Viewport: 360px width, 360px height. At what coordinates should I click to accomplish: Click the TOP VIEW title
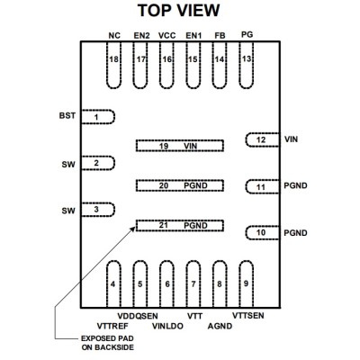(x=178, y=11)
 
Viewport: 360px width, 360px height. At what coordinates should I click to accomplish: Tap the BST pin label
(x=67, y=116)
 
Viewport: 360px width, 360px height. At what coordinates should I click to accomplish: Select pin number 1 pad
(x=98, y=117)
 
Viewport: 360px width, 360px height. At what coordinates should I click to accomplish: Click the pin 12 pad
(x=263, y=139)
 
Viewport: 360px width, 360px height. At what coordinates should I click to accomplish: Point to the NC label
(x=114, y=36)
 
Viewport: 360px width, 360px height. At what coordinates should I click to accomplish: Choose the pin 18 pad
(x=113, y=65)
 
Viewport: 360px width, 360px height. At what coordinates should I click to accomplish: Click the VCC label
(x=166, y=36)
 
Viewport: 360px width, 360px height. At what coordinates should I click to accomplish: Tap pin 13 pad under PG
(x=247, y=65)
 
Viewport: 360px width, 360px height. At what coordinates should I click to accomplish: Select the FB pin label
(x=220, y=36)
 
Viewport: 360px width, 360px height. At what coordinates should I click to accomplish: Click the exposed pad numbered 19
(x=180, y=146)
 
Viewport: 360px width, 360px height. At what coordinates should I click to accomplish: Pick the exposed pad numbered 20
(x=180, y=185)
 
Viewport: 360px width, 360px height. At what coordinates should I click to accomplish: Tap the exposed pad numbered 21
(x=180, y=226)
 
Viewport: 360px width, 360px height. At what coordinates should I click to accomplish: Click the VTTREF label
(x=112, y=326)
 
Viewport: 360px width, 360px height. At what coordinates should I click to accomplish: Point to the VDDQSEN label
(x=138, y=316)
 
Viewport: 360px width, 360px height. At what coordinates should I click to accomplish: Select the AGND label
(x=220, y=326)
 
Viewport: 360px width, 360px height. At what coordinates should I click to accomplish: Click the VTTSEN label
(x=248, y=315)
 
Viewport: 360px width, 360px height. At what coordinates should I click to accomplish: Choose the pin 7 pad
(x=193, y=284)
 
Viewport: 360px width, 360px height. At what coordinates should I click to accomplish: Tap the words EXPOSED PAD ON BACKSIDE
(x=107, y=343)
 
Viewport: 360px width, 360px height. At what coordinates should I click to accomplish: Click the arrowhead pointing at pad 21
(x=133, y=229)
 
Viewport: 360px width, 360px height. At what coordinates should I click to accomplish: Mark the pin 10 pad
(x=263, y=233)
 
